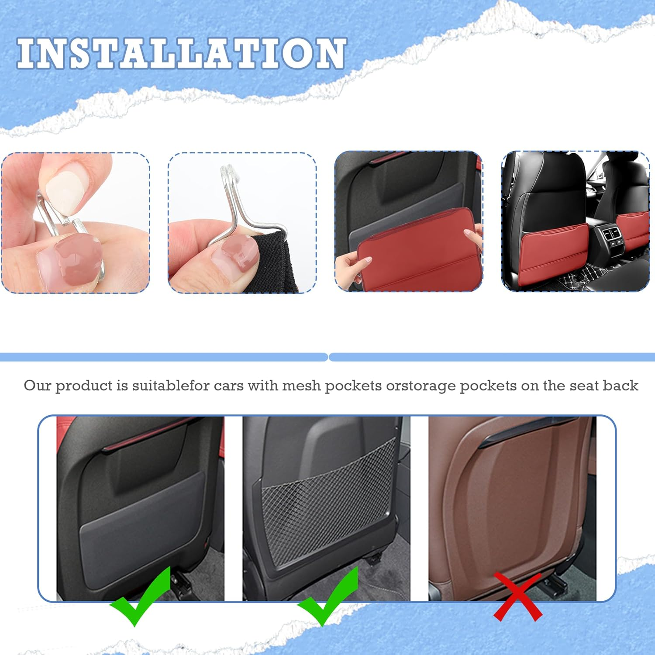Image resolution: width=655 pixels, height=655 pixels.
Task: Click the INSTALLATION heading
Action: click(x=182, y=53)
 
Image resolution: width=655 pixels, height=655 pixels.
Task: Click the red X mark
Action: click(x=518, y=596)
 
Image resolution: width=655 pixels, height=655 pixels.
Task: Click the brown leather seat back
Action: click(x=511, y=502)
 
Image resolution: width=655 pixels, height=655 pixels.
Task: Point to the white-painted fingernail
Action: click(x=63, y=192)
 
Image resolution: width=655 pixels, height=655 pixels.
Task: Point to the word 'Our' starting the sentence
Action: click(x=37, y=386)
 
